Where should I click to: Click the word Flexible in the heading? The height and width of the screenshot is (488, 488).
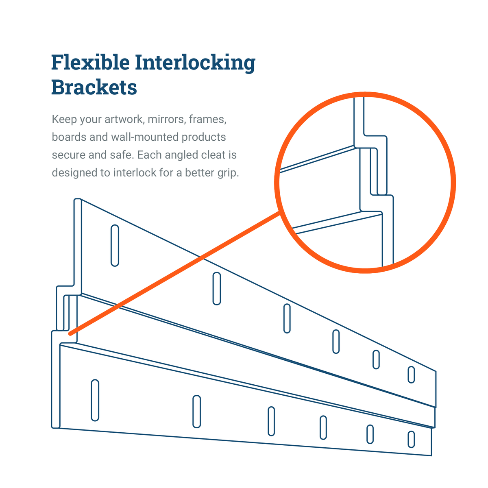point(90,62)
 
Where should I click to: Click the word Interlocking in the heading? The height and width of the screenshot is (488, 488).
point(195,63)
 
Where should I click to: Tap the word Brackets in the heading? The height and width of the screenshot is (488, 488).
point(94,87)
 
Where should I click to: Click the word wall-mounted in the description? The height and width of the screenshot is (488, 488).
point(145,137)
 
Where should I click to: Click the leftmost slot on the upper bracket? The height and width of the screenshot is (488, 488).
point(115,245)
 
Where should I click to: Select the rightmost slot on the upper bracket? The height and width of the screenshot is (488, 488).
point(411,375)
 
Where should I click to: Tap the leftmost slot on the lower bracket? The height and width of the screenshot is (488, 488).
point(95,400)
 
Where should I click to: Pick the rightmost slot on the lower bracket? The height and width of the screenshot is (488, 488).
point(411,439)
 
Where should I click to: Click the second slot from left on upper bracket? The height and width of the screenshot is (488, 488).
point(216,288)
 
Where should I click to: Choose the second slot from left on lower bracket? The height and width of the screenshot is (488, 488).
point(196,412)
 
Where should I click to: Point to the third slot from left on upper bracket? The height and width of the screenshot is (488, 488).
point(287,318)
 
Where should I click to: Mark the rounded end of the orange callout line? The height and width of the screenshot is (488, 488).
point(70,334)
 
